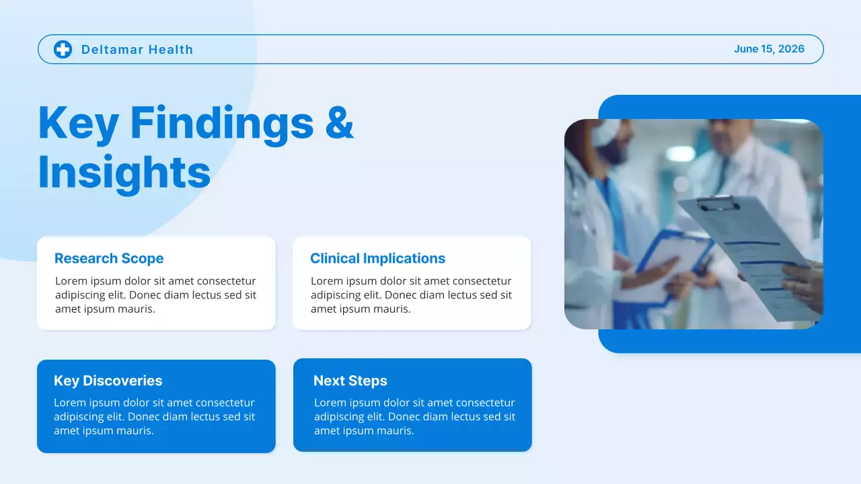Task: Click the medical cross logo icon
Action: click(x=63, y=49)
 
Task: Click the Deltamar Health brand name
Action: click(x=137, y=50)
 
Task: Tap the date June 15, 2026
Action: click(x=769, y=49)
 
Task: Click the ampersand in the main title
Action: click(x=340, y=122)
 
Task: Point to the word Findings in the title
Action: click(x=222, y=124)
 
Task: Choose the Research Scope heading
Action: click(x=109, y=259)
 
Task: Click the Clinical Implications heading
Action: click(x=377, y=259)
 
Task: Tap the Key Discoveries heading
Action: click(x=108, y=380)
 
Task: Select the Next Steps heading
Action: click(x=350, y=380)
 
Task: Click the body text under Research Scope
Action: click(x=155, y=295)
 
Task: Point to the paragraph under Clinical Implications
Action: click(x=411, y=295)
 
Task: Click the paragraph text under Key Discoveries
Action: click(x=154, y=417)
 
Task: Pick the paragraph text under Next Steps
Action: click(x=414, y=417)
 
